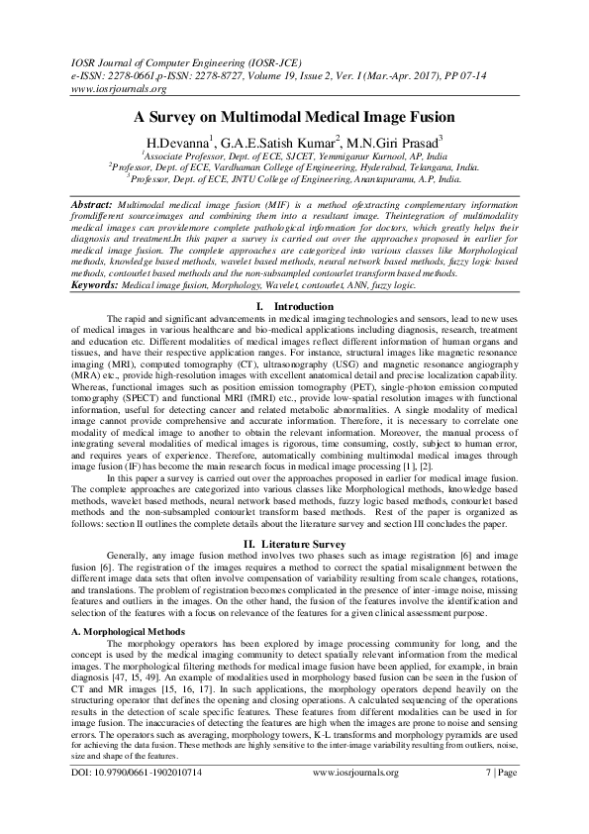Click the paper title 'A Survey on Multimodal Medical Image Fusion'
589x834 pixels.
294,116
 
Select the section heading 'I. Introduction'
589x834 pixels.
294,278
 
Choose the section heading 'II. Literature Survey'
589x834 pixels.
294,543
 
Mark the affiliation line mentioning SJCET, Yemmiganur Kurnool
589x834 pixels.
294,156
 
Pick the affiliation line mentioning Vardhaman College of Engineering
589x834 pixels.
294,168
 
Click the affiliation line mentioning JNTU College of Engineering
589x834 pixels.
294,180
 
